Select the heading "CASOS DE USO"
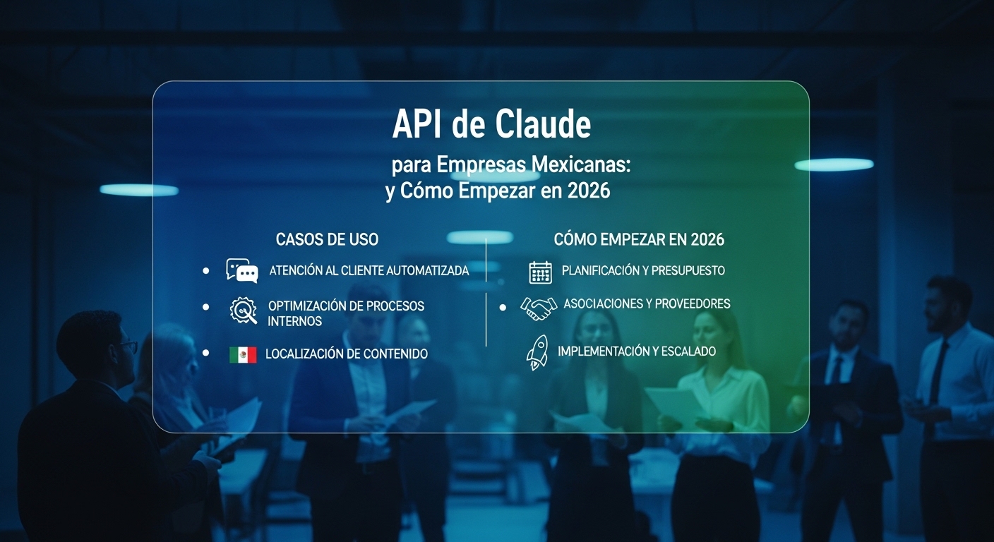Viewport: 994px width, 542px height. pyautogui.click(x=327, y=239)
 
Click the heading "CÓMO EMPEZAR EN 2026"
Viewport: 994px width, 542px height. pyautogui.click(x=639, y=239)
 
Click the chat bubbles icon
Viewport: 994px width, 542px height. pyautogui.click(x=242, y=270)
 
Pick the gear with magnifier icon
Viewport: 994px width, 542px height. pyautogui.click(x=244, y=311)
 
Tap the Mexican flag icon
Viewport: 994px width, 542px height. pyautogui.click(x=243, y=354)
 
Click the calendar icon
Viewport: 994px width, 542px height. pyautogui.click(x=540, y=272)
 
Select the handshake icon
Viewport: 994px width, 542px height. pyautogui.click(x=539, y=307)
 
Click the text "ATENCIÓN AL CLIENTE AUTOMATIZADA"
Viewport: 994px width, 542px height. pyautogui.click(x=369, y=271)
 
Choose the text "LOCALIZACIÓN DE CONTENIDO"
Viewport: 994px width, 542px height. pyautogui.click(x=346, y=354)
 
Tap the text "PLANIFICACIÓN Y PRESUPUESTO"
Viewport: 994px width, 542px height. pyautogui.click(x=643, y=271)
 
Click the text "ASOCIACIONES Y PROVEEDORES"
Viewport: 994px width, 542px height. pyautogui.click(x=647, y=304)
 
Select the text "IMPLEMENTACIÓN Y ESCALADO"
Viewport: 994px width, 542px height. pyautogui.click(x=637, y=351)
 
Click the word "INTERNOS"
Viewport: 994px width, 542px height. pyautogui.click(x=294, y=322)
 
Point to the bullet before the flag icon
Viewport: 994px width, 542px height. pyautogui.click(x=205, y=352)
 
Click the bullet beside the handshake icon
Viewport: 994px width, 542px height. pyautogui.click(x=503, y=308)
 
